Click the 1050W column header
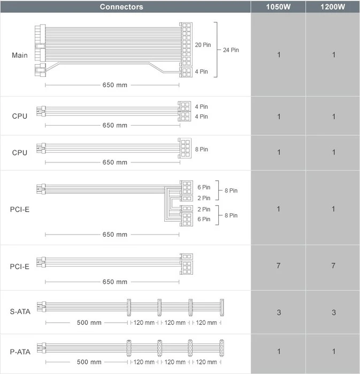(278, 6)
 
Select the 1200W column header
(333, 6)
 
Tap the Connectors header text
(121, 6)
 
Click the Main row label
(20, 55)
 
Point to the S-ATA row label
(20, 311)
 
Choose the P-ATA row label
(20, 352)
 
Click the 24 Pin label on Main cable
(231, 50)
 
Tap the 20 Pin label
(203, 45)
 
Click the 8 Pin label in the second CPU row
(202, 149)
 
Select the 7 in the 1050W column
(278, 266)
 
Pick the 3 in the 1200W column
(333, 313)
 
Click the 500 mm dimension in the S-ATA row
(89, 323)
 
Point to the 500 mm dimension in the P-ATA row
(89, 362)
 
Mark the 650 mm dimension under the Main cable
(115, 85)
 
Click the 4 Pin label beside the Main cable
(201, 72)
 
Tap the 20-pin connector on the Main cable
(186, 44)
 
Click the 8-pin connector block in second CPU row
(185, 148)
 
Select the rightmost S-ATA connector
(222, 307)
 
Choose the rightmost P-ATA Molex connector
(222, 348)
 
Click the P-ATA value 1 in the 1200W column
(333, 352)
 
